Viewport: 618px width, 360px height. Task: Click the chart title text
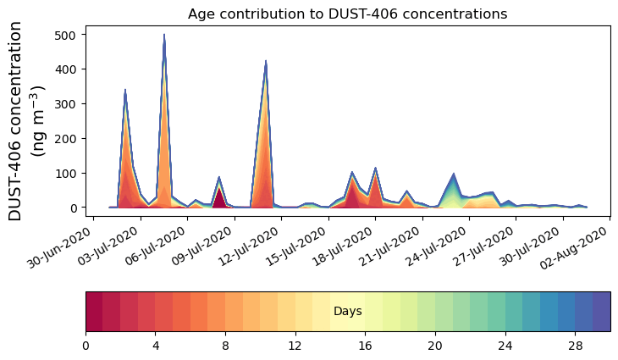pos(347,14)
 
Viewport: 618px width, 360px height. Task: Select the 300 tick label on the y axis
pos(66,104)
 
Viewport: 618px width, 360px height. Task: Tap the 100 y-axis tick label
pos(66,174)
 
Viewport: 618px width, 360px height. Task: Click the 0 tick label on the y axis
pos(74,208)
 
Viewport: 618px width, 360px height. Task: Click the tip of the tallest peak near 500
pos(164,36)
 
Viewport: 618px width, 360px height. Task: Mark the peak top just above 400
pos(266,62)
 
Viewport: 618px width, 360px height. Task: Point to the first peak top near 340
pos(125,90)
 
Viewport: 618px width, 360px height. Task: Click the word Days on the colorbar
pos(347,312)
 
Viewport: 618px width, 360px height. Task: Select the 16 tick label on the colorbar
pos(365,346)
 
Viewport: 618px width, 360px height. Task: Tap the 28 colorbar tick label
pos(575,346)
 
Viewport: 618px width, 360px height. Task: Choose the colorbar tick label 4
pos(156,346)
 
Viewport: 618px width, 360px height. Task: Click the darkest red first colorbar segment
pos(94,311)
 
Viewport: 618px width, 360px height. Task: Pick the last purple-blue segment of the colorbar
pos(601,311)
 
